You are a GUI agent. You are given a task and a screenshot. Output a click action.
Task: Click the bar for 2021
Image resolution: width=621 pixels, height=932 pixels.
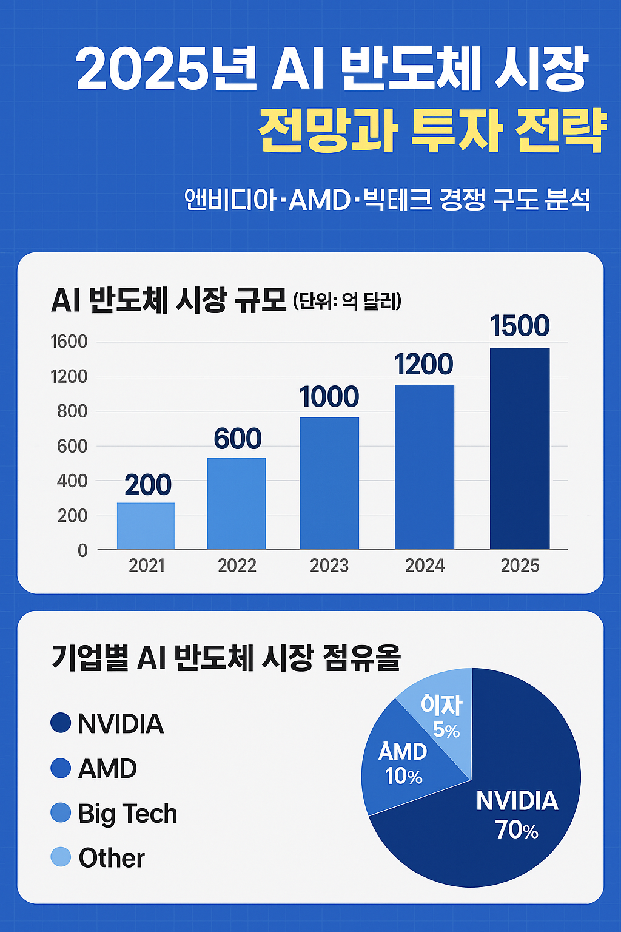tap(146, 526)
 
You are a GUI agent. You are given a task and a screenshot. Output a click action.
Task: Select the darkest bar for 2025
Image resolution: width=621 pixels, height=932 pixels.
tap(520, 448)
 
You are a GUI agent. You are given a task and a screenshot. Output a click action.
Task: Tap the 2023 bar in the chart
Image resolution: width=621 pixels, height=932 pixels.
tap(329, 483)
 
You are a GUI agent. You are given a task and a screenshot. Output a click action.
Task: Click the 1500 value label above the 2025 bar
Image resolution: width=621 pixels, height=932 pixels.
tap(520, 326)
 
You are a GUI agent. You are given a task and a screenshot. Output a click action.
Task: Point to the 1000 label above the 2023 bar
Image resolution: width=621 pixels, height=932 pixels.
tap(329, 397)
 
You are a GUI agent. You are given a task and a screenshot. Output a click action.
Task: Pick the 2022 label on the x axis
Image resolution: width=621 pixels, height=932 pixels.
tap(237, 566)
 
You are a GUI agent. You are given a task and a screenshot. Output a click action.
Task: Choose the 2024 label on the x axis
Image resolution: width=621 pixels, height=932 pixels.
tap(425, 566)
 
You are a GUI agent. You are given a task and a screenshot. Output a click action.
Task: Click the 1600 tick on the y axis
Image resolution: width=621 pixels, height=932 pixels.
tap(69, 342)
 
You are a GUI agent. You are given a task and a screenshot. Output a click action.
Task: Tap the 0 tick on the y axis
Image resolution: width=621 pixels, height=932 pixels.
tap(82, 550)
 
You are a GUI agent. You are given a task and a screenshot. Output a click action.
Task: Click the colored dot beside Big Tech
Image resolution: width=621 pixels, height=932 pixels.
tap(61, 812)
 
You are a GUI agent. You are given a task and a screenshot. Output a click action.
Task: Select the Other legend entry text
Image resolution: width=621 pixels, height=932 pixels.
tap(112, 858)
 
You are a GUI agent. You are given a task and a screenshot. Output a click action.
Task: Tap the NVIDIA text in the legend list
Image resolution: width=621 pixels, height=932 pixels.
tap(121, 723)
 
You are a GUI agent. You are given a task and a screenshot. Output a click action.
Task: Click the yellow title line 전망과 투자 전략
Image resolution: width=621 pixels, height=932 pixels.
tap(432, 130)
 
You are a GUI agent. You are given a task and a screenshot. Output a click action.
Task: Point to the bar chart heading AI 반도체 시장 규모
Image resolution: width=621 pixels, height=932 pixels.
tap(169, 300)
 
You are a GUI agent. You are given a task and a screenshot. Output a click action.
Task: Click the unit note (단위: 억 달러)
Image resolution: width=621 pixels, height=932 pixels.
tap(346, 301)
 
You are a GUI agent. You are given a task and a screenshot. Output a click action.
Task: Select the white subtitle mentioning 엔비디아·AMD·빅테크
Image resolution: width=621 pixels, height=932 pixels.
tap(387, 199)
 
